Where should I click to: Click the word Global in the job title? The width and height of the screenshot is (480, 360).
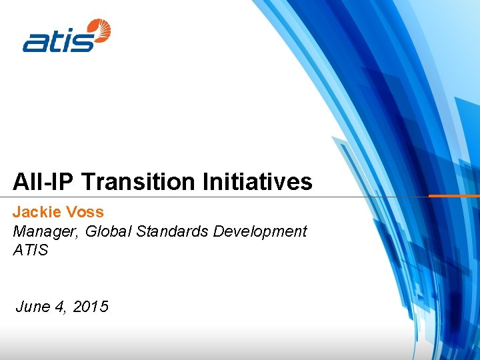tap(105, 232)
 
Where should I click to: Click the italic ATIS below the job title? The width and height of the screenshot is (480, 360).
tap(31, 251)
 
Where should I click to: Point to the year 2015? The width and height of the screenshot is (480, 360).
tap(91, 307)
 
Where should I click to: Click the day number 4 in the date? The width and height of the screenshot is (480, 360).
tap(61, 307)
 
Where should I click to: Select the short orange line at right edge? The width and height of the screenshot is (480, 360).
tap(453, 196)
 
